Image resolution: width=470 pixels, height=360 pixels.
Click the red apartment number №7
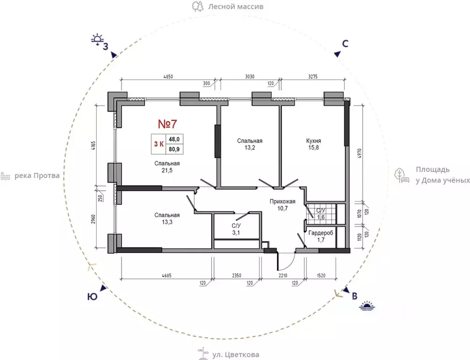pos(168,124)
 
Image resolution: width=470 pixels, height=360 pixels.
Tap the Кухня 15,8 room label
pos(313,144)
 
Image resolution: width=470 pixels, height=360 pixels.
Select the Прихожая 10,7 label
pos(283,205)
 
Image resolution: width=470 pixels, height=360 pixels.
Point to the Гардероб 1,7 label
pos(321,236)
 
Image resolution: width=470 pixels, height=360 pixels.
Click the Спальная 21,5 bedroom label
pos(167,167)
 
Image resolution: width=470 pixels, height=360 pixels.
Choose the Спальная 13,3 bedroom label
pos(167,218)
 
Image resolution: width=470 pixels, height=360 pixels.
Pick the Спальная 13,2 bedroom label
pos(250,144)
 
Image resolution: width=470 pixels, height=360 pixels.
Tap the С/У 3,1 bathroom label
pos(236,229)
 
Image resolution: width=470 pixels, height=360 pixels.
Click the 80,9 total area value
pos(174,149)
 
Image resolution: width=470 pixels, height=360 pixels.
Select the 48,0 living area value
pos(174,139)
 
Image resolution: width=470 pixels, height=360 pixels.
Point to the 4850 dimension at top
pos(168,77)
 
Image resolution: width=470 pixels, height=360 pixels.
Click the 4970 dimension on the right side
pos(360,153)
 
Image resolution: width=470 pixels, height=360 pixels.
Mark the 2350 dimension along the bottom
pos(237,276)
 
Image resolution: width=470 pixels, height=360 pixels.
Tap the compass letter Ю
pos(92,297)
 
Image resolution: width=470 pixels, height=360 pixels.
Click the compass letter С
pos(345,44)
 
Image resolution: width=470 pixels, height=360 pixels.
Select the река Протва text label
pos(37,176)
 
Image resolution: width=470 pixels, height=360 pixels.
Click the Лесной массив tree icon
pos(198,6)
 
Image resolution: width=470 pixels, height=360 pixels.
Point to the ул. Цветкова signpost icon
pos(203,354)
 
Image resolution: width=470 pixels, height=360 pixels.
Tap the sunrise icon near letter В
pos(367,306)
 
